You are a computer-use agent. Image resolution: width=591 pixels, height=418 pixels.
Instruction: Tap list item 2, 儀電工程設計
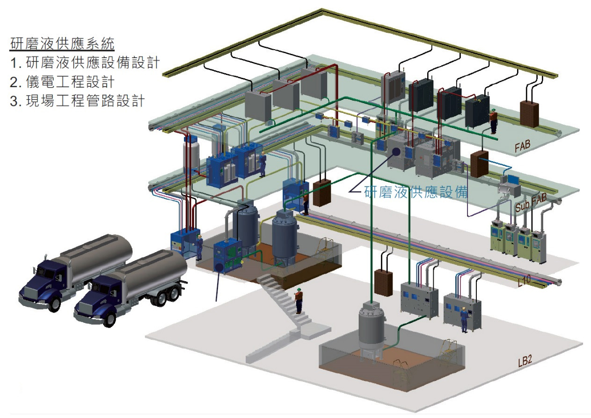point(62,82)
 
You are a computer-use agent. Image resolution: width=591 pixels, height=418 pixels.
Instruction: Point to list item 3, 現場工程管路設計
point(77,101)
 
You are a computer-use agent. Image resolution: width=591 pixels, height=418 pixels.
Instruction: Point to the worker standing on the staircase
point(298,300)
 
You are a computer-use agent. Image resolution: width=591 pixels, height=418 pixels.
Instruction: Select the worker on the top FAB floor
point(493,120)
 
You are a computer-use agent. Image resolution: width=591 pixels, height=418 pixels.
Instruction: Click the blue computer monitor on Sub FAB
point(513,179)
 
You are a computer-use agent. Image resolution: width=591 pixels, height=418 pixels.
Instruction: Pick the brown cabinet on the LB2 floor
point(383,282)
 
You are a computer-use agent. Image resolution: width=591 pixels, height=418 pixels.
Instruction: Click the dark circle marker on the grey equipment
point(397,151)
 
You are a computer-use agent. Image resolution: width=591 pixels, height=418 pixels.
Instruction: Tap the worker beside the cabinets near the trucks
point(199,247)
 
